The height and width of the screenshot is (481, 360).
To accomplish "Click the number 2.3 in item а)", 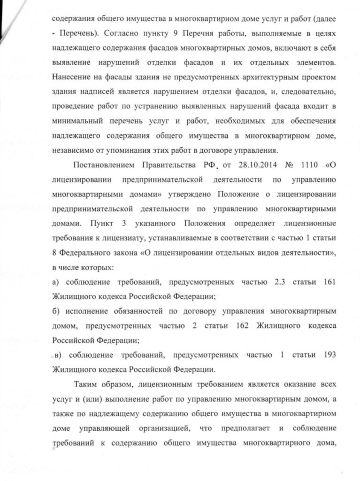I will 281,283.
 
